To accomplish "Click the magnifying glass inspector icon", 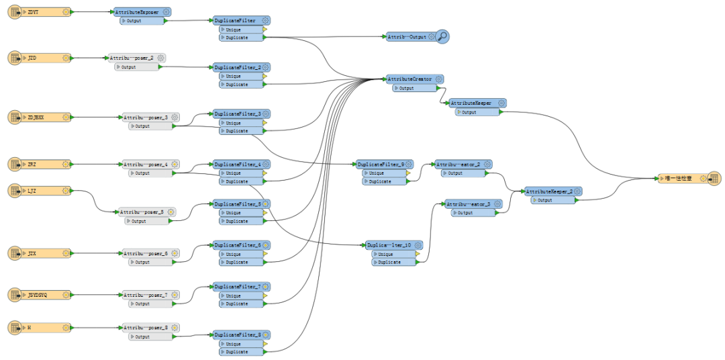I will (x=442, y=37).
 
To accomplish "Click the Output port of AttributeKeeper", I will (x=477, y=112).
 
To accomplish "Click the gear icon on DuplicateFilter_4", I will (x=266, y=164).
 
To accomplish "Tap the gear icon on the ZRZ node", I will (x=66, y=164).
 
